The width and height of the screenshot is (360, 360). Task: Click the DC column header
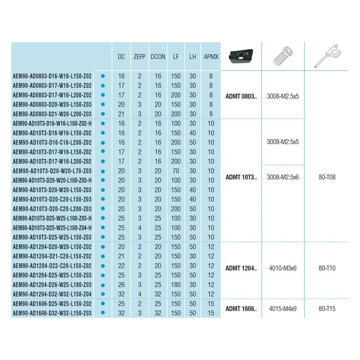[x=121, y=57]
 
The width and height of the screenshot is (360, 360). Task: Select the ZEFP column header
[x=139, y=57]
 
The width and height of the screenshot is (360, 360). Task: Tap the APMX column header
[x=211, y=57]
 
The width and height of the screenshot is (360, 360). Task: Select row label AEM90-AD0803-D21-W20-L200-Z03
[x=53, y=113]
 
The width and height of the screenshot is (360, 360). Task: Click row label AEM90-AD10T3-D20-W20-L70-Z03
[x=53, y=170]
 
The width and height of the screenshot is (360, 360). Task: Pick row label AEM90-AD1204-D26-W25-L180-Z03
[x=53, y=284]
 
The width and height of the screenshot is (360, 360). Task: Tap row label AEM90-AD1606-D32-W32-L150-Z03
[x=53, y=313]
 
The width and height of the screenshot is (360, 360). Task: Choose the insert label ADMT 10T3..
[x=242, y=177]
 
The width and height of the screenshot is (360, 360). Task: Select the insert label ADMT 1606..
[x=242, y=309]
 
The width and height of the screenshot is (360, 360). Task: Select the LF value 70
[x=175, y=170]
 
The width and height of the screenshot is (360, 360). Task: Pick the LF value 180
[x=175, y=284]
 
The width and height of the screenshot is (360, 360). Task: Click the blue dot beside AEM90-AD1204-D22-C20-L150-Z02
[x=103, y=265]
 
